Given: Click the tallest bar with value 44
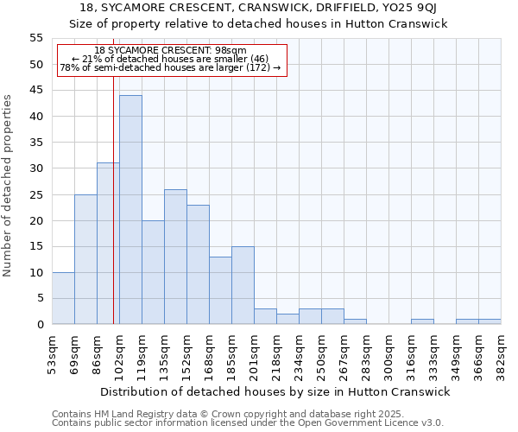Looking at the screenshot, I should (x=130, y=210).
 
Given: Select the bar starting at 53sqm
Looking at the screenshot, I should (x=63, y=298).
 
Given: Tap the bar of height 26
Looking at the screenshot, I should (x=175, y=257).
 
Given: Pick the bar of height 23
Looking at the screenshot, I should (x=198, y=264).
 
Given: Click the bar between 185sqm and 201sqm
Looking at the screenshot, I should (x=243, y=285).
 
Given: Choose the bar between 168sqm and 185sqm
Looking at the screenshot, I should (x=220, y=290).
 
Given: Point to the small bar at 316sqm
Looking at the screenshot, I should (x=422, y=321).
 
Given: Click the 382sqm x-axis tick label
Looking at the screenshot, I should (x=502, y=354).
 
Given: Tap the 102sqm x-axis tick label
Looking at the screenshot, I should (x=120, y=354).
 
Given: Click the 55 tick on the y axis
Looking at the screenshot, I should (x=35, y=38).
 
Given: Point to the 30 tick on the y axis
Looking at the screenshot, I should (x=35, y=168).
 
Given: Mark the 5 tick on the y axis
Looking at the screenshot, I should (x=39, y=298).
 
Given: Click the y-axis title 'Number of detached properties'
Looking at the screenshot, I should (x=9, y=186).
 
